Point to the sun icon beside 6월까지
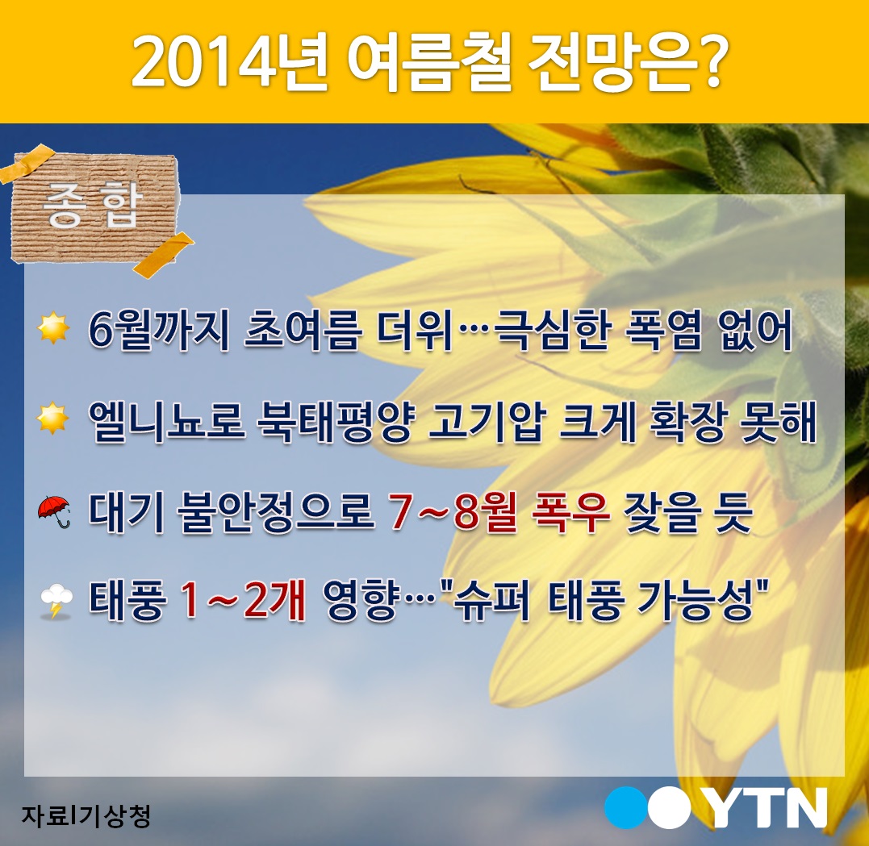click(x=53, y=328)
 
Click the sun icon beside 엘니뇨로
click(x=53, y=418)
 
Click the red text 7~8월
click(x=453, y=512)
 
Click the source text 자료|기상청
click(x=86, y=815)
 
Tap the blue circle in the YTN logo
click(x=626, y=807)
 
